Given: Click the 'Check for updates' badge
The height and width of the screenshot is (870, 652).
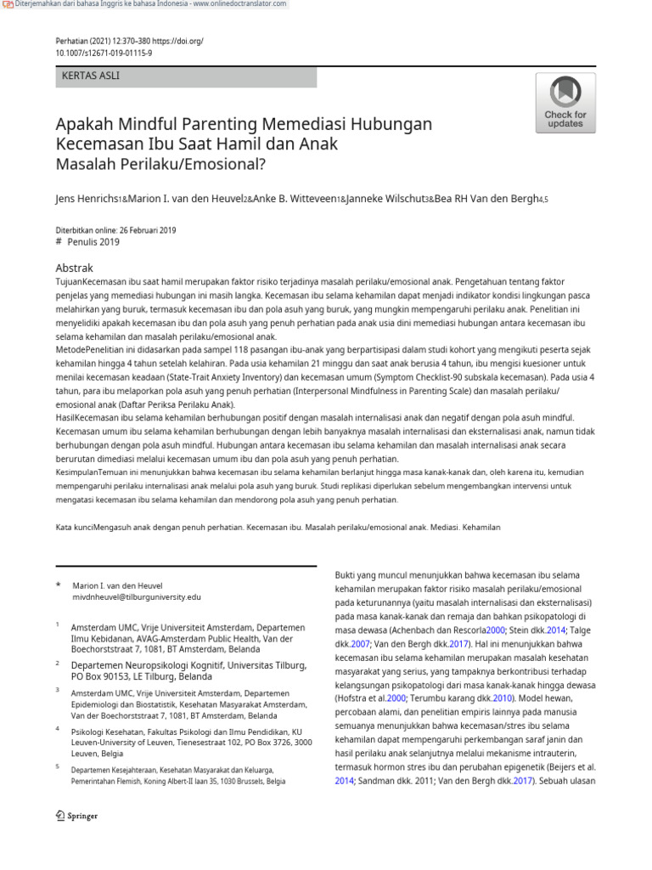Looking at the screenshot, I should (565, 103).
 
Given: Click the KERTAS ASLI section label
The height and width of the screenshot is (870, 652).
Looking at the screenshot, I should (91, 76).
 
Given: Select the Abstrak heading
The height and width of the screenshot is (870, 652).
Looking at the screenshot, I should (74, 268).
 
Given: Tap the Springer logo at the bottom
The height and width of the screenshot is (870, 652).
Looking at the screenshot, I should (76, 816).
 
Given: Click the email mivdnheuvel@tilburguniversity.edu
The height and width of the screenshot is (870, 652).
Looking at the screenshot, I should (137, 597).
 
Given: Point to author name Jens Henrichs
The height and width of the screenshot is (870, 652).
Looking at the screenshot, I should (87, 199).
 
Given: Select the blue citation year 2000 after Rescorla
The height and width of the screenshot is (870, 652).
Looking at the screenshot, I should (496, 630).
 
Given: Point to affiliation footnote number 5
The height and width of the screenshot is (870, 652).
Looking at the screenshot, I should (58, 767).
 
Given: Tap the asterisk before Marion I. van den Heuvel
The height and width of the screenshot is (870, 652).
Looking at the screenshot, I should (59, 585).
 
